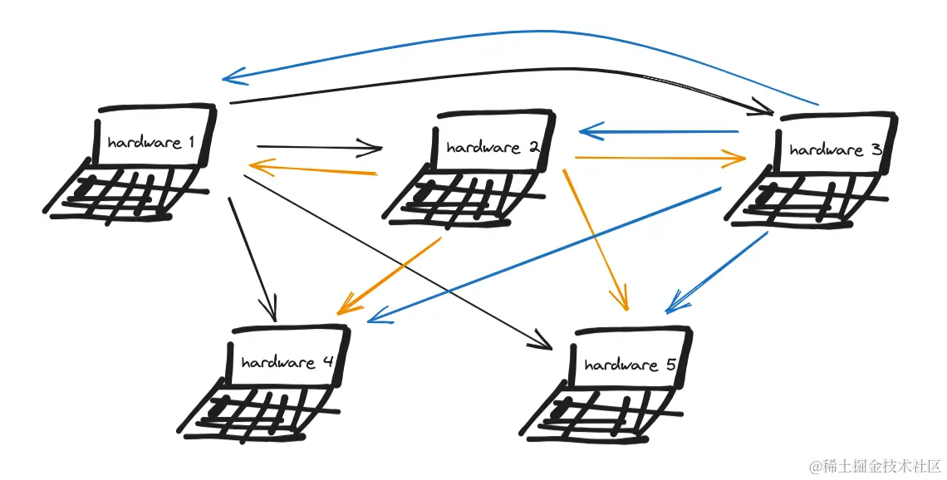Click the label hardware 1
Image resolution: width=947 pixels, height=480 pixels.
150,142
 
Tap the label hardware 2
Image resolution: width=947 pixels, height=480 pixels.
493,148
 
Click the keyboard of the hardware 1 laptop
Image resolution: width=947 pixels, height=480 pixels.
125,193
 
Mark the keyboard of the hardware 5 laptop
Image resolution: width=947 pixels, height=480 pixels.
598,414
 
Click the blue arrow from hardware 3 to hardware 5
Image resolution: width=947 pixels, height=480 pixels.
719,272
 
